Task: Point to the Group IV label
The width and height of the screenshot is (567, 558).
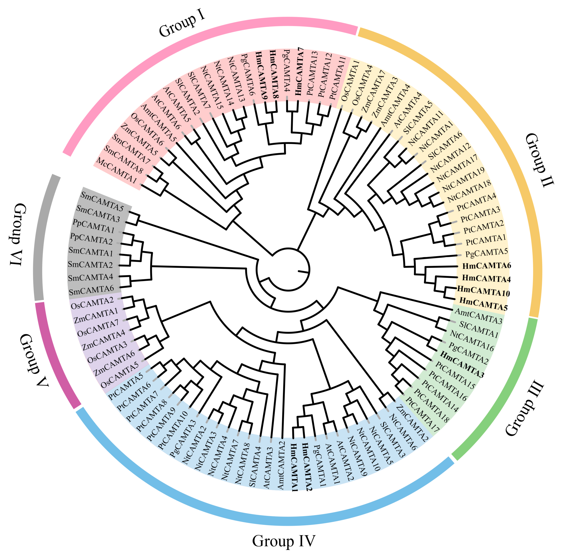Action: (283, 541)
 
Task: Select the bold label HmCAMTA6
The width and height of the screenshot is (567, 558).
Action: (486, 266)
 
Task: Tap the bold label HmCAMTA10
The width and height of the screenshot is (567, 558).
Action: (484, 291)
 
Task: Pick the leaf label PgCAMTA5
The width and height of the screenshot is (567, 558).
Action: (486, 253)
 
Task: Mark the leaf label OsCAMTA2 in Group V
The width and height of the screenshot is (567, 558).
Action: (92, 303)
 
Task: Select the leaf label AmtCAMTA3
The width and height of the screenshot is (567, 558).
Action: (478, 317)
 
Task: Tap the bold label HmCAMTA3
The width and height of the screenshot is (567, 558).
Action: (462, 364)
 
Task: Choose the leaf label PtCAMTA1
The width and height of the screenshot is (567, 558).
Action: (486, 240)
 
